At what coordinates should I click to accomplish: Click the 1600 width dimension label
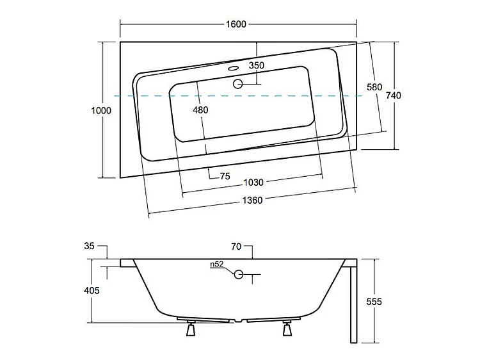point(236,24)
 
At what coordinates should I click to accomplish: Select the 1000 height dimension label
point(101,110)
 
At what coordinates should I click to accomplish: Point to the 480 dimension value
point(200,110)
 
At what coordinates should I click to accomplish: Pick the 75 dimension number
point(225,177)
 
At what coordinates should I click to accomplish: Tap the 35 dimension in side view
point(89,246)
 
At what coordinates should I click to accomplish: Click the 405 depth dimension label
point(92,291)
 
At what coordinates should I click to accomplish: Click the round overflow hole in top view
point(239,83)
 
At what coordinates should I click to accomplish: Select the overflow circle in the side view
point(239,274)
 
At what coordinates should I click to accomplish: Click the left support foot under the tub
point(191,329)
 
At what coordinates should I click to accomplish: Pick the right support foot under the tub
point(287,329)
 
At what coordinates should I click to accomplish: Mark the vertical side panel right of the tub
point(351,304)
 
